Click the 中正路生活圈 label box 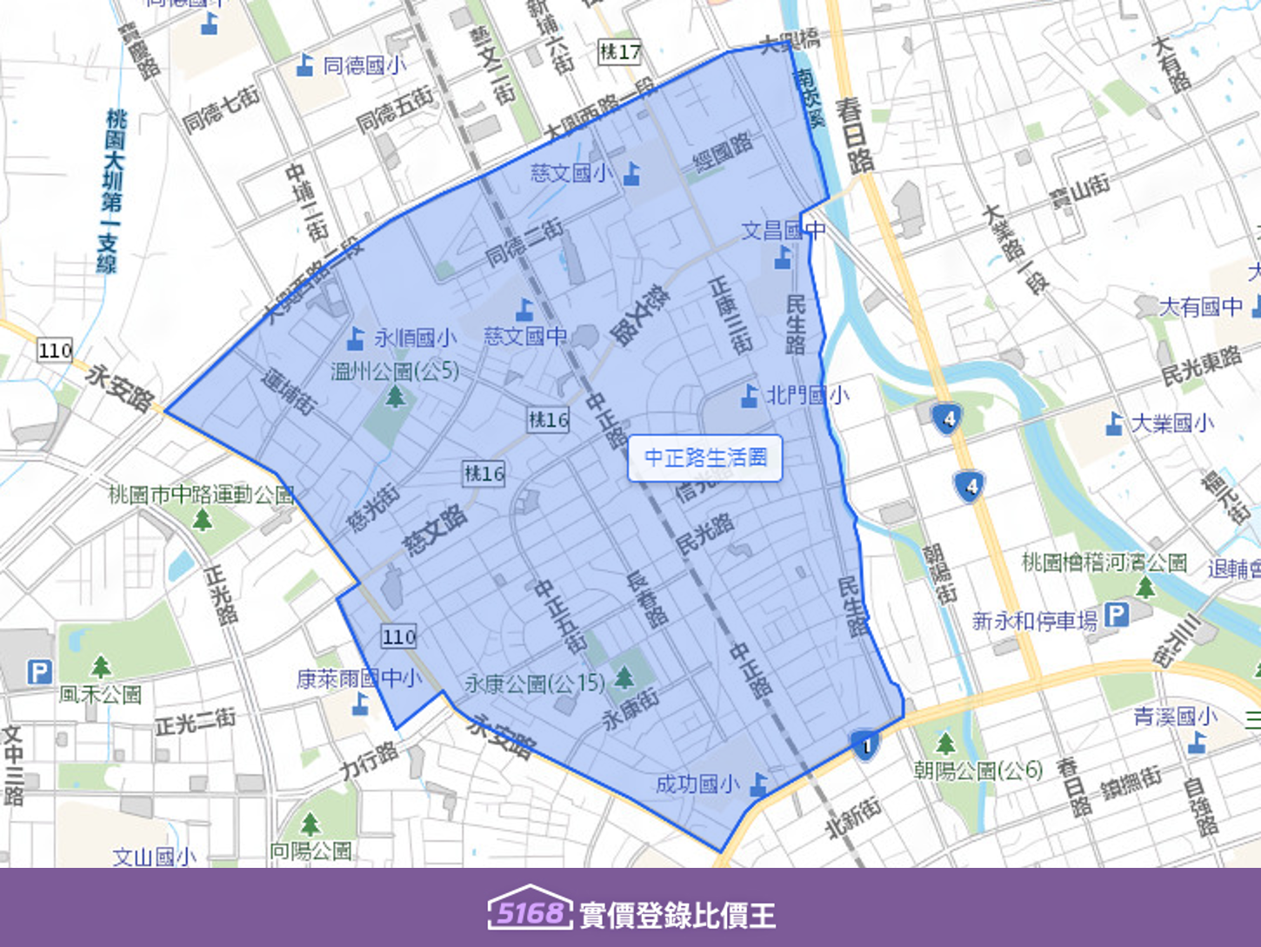[x=705, y=457]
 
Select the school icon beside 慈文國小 [x=632, y=174]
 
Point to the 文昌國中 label [x=783, y=230]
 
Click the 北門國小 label [x=807, y=396]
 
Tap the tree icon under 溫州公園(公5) [x=396, y=397]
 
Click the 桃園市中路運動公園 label [x=202, y=495]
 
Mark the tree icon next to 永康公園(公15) [x=624, y=676]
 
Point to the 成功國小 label [x=697, y=784]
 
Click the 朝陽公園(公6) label [x=977, y=770]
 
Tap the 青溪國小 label [x=1175, y=717]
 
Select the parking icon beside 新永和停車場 [x=1116, y=617]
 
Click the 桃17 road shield [x=619, y=52]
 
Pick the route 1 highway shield [x=864, y=745]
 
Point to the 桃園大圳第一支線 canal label [x=111, y=191]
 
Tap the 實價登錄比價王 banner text [x=677, y=915]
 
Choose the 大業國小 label [x=1172, y=423]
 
